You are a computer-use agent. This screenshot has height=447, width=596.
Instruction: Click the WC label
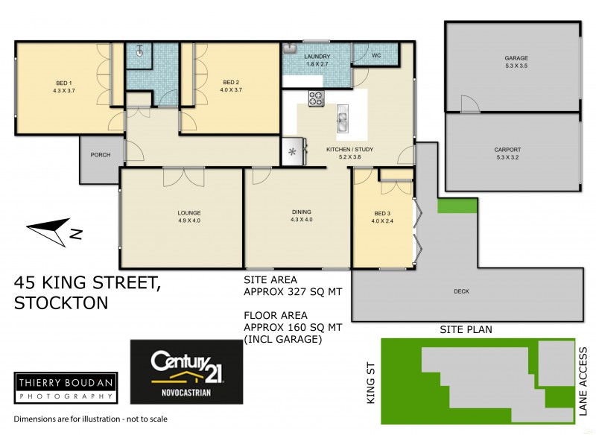coord(376,56)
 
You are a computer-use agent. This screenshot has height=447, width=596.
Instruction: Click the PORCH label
coord(101,155)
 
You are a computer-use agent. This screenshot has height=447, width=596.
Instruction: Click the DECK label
coord(461,291)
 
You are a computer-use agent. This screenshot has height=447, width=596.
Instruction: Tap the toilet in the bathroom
coord(140,51)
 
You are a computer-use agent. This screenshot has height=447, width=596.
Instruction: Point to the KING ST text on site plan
coord(371,384)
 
